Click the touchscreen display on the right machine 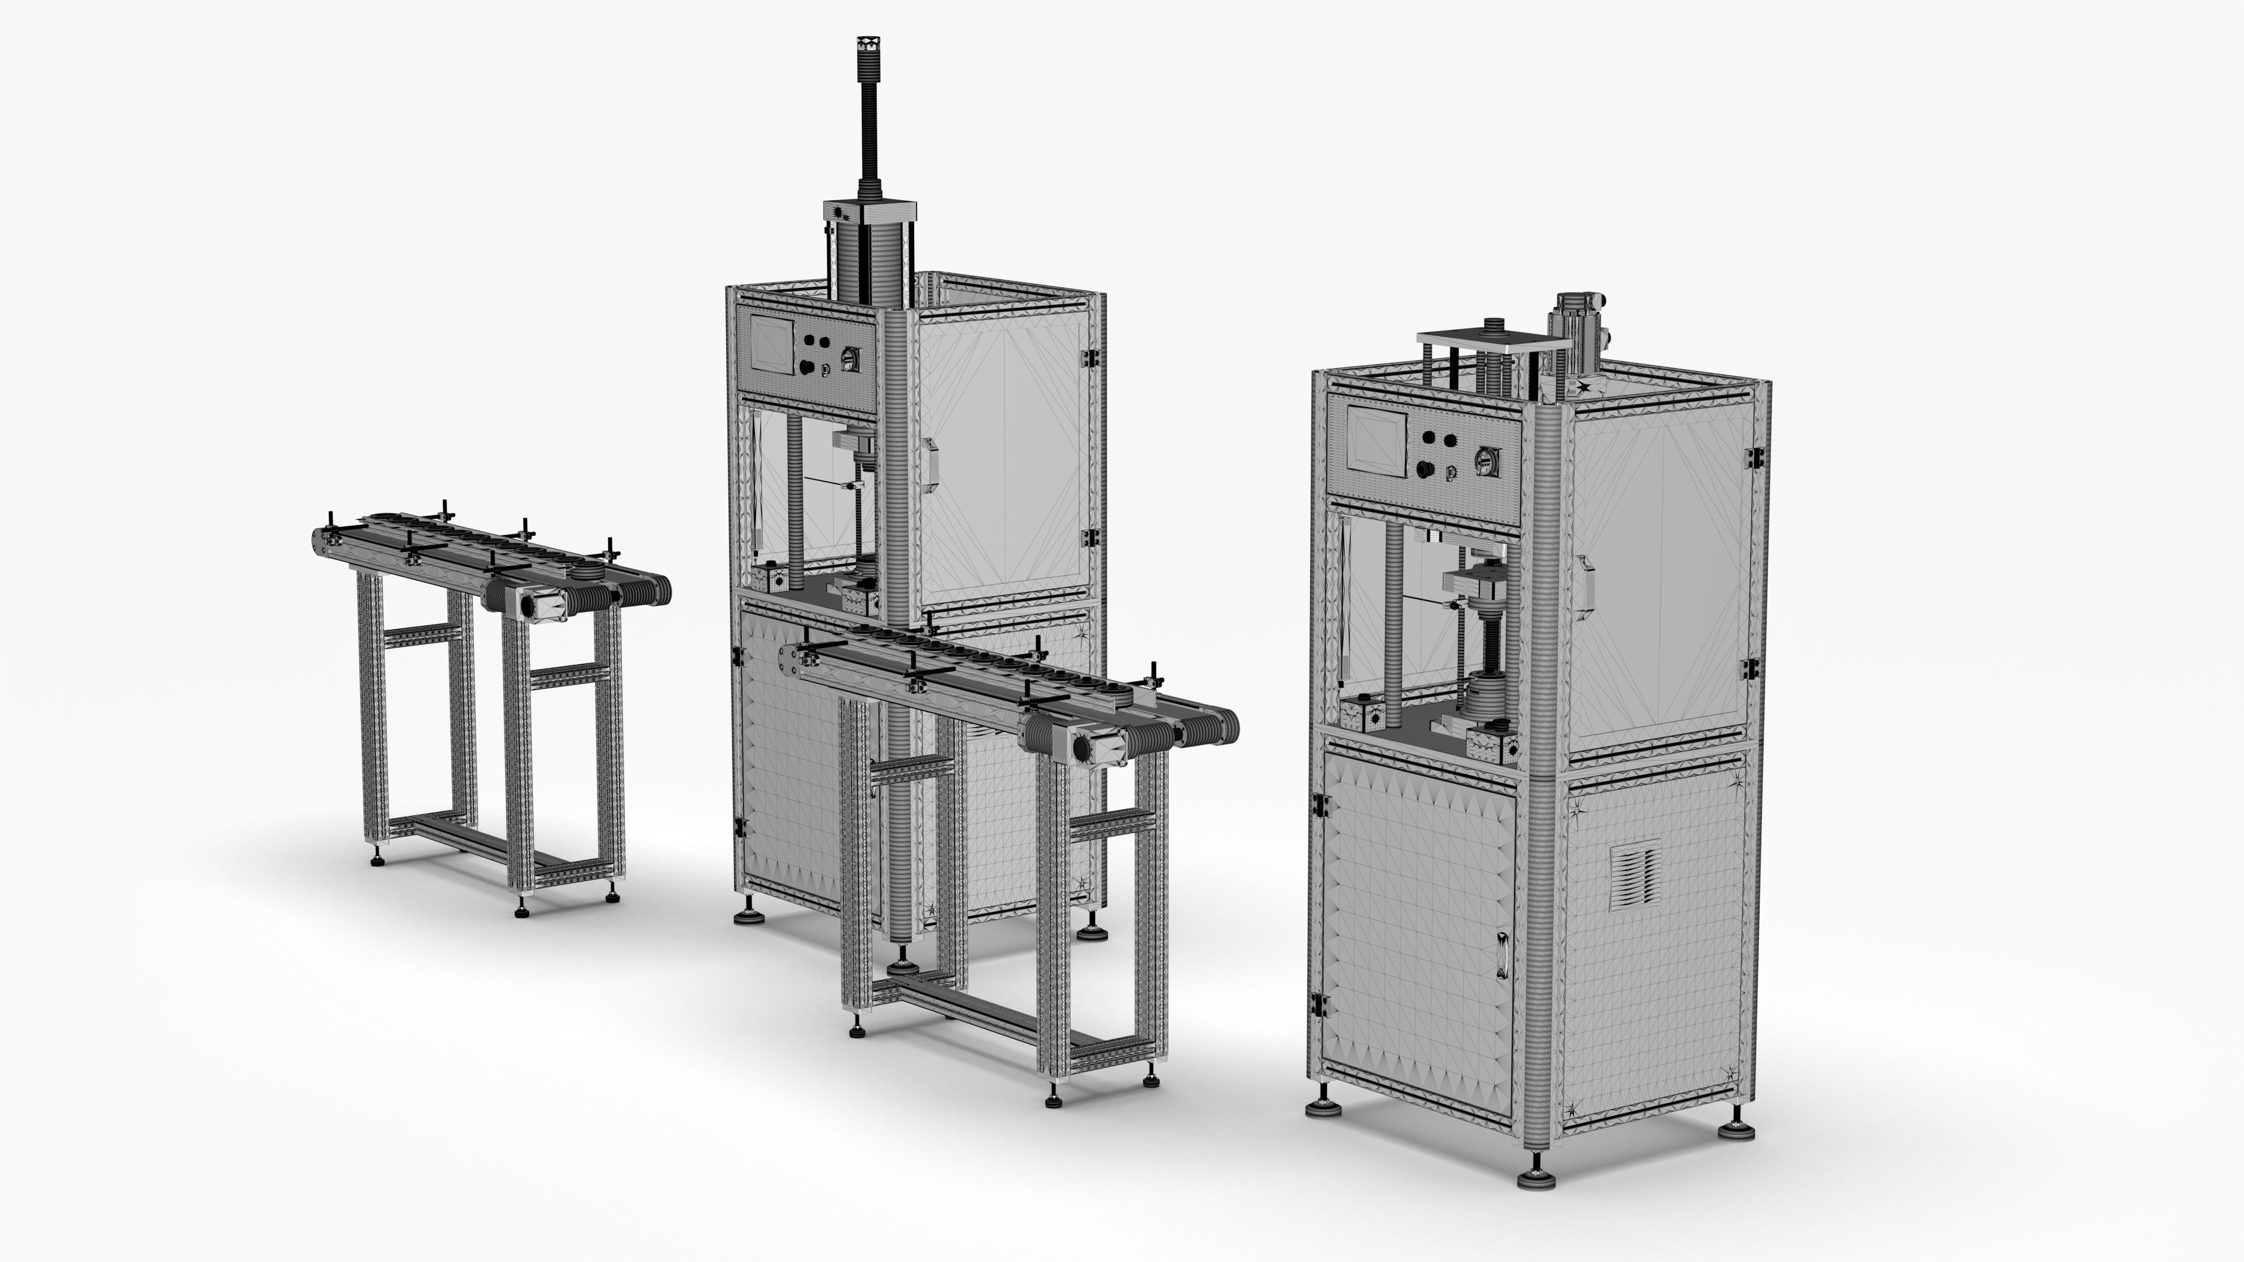1377,440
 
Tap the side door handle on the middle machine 930,466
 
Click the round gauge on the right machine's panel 1485,460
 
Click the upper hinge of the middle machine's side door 1088,358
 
